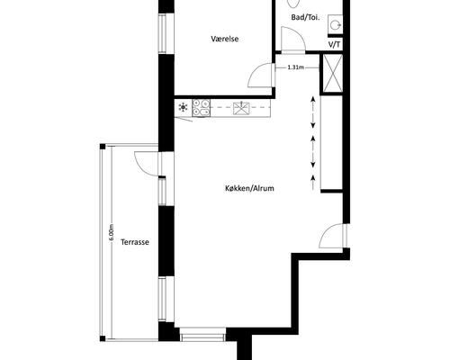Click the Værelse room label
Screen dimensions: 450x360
click(225, 39)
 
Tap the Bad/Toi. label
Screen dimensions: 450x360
click(305, 17)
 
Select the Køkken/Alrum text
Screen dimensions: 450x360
click(249, 188)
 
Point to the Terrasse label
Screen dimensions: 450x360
click(135, 242)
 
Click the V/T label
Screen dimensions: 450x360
click(335, 45)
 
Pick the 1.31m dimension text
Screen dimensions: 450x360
click(296, 67)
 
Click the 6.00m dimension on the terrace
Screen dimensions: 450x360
click(112, 232)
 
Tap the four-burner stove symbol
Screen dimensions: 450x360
click(201, 107)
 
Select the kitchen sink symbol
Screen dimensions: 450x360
click(241, 108)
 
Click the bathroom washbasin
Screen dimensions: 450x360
click(335, 23)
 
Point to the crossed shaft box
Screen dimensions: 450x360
click(332, 73)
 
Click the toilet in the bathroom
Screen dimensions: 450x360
click(293, 3)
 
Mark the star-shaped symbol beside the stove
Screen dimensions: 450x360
click(183, 107)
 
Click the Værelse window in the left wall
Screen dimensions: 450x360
click(162, 33)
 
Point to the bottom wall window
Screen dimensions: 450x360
click(203, 334)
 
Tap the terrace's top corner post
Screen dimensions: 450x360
click(103, 147)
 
